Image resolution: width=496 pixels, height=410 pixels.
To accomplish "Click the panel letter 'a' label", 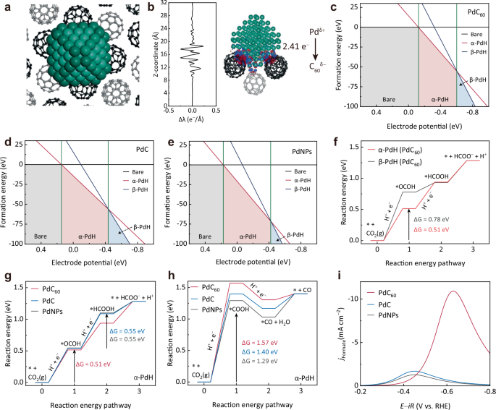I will (x=6, y=7).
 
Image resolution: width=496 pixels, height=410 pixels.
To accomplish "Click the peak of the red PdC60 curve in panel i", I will (x=453, y=291).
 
